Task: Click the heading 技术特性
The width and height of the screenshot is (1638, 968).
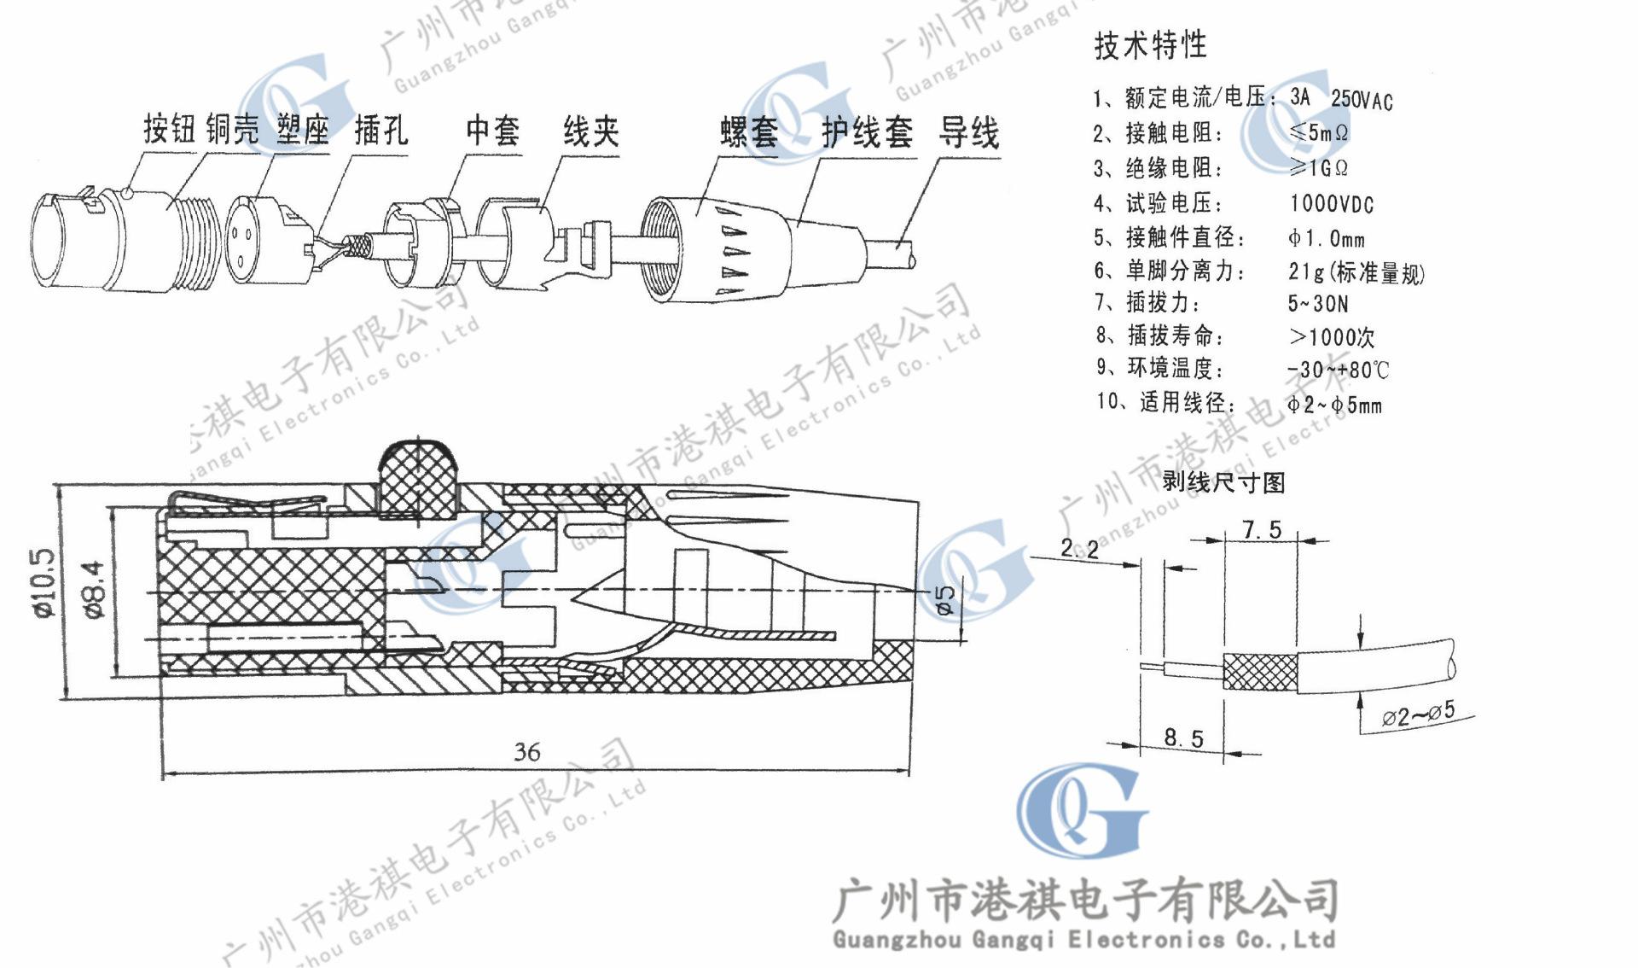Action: (1150, 44)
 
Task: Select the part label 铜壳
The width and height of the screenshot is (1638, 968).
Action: (232, 130)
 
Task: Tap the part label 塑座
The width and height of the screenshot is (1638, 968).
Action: (302, 130)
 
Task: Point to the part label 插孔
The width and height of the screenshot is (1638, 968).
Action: (380, 131)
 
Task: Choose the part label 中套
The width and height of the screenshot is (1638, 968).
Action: (493, 131)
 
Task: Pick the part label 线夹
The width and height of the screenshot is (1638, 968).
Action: (590, 131)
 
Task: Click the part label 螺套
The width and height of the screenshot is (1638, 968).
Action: (749, 133)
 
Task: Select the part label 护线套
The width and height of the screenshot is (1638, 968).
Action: (867, 133)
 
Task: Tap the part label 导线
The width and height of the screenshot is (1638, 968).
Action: (968, 134)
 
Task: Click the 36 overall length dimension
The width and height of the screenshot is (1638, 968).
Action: (527, 751)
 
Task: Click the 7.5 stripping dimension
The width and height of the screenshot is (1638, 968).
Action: (1262, 530)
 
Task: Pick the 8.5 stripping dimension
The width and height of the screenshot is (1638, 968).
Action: (1183, 738)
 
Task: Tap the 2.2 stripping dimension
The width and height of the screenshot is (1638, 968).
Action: (1080, 548)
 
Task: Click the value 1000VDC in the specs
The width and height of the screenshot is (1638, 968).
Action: (1331, 204)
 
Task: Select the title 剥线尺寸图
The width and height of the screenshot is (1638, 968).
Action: (1223, 482)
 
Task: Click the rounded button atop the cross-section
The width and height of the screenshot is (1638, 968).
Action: (418, 478)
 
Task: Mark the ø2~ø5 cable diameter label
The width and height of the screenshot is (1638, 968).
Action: (1418, 714)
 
